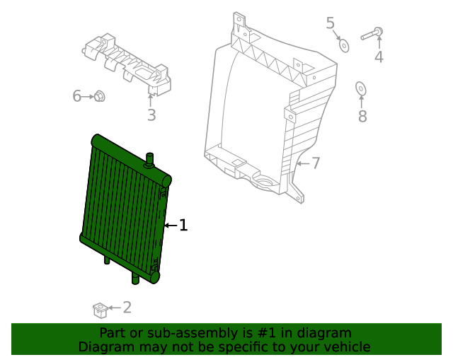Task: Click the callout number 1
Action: click(x=183, y=226)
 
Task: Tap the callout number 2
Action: click(x=127, y=307)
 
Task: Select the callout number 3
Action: click(x=151, y=115)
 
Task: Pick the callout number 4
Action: click(x=379, y=57)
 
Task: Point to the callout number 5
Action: click(x=331, y=23)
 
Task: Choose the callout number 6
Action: click(x=76, y=96)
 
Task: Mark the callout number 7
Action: click(x=316, y=163)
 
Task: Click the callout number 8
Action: click(x=362, y=116)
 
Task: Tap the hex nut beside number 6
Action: click(x=100, y=96)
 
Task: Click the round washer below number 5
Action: click(x=344, y=45)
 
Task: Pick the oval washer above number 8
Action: click(x=360, y=88)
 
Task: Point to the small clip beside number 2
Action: click(x=100, y=309)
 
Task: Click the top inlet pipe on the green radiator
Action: click(x=150, y=159)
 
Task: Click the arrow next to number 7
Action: click(x=302, y=163)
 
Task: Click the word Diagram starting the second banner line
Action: click(x=102, y=346)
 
